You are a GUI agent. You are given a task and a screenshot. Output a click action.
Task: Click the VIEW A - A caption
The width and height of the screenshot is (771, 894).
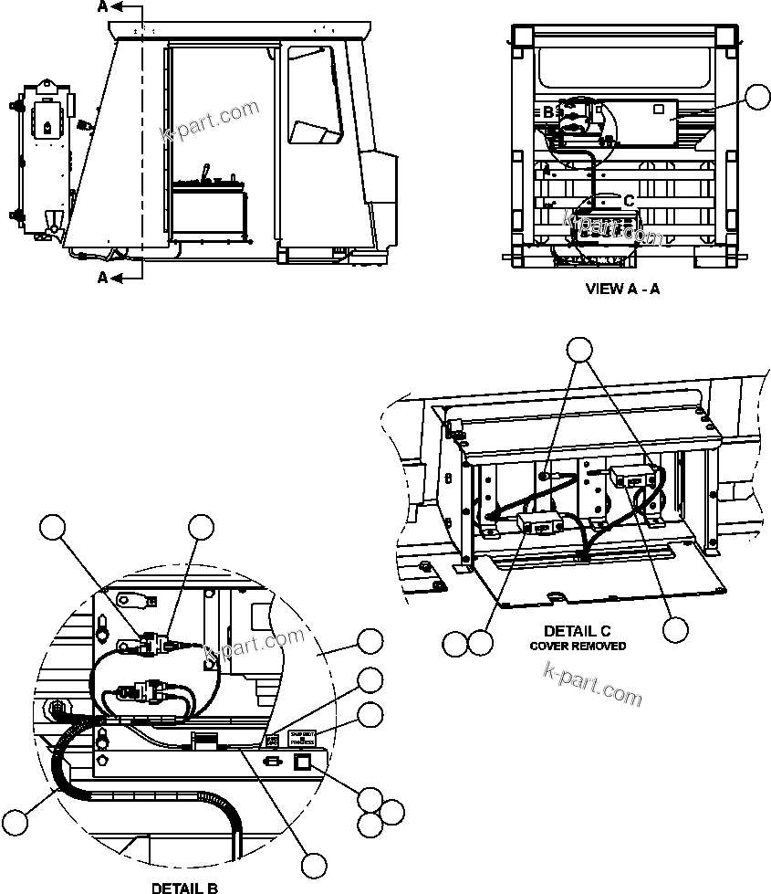[621, 289]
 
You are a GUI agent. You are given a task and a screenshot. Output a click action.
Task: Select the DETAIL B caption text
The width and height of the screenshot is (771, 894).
[183, 887]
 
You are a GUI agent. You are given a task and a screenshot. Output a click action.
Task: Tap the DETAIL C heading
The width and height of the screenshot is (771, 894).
[577, 631]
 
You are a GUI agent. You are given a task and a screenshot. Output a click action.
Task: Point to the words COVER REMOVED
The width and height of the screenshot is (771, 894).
[578, 646]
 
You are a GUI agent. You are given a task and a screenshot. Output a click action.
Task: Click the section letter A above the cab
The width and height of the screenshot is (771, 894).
[103, 7]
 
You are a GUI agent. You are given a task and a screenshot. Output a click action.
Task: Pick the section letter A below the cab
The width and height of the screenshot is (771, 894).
[103, 277]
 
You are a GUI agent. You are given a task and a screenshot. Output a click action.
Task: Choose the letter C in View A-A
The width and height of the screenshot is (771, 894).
[628, 200]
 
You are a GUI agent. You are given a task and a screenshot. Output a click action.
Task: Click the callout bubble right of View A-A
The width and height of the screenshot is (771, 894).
[757, 97]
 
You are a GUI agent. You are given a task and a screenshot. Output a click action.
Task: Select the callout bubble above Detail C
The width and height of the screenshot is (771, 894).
[579, 350]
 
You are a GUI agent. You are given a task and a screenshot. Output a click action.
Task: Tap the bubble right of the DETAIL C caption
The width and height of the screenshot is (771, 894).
[676, 629]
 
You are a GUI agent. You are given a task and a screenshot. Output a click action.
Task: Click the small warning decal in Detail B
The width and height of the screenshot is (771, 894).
[301, 739]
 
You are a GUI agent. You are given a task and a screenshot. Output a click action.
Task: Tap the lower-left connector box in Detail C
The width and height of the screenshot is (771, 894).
[536, 525]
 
